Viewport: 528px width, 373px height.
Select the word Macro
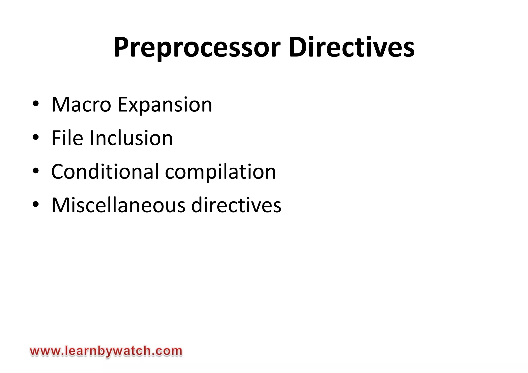pos(81,104)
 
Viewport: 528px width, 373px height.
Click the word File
pos(67,138)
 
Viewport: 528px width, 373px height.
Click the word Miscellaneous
pos(118,205)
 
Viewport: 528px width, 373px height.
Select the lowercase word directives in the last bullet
pos(236,205)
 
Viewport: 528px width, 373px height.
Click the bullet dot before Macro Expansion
pos(36,104)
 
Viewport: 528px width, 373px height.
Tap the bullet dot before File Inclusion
pos(36,137)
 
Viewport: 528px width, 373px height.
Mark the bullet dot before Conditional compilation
pos(36,171)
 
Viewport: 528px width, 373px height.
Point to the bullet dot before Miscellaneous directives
pos(36,204)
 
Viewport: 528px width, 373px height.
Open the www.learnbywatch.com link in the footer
pos(106,351)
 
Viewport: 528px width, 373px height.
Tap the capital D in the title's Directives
pos(297,47)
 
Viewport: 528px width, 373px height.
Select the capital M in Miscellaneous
pos(61,205)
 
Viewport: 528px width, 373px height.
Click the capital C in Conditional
pos(58,172)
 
